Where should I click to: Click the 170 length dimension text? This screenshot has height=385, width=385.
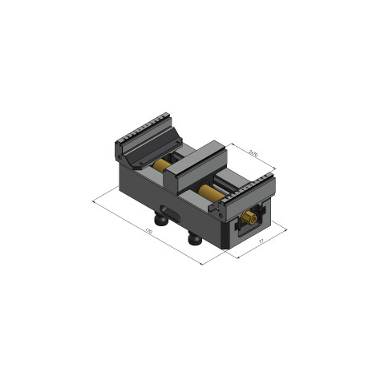click(x=149, y=230)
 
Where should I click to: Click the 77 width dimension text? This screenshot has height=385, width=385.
click(x=261, y=241)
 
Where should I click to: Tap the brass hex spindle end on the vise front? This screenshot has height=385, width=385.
click(x=249, y=217)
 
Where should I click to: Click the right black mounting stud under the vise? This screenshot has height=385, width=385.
click(x=195, y=238)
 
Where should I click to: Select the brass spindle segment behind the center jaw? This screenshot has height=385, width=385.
click(x=163, y=167)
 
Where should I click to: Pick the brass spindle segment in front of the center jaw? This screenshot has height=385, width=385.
click(x=211, y=192)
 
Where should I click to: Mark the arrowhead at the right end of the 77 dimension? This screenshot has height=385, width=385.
click(x=288, y=228)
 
